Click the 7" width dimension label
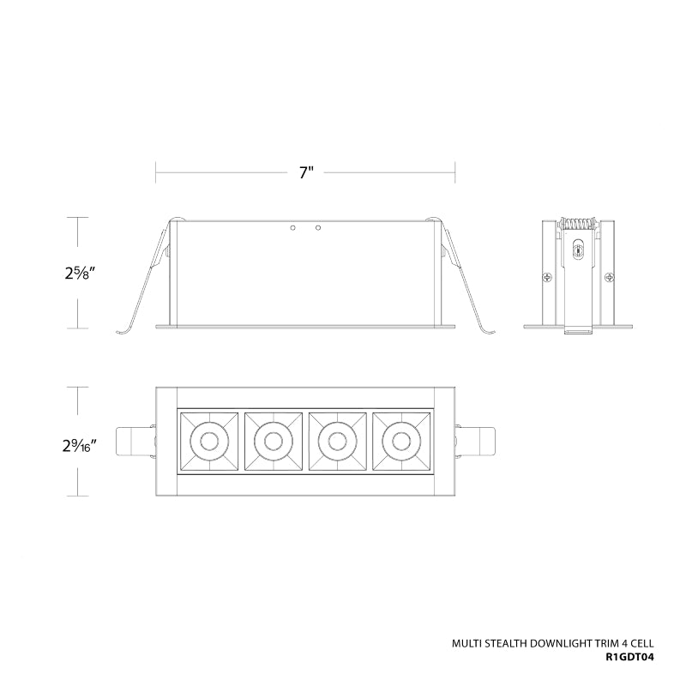tap(307, 173)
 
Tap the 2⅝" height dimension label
tap(80, 274)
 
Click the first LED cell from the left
tap(209, 441)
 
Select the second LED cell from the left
tap(274, 441)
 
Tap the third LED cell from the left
tap(337, 441)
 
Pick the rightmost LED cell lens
tap(401, 441)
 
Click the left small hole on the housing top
tap(293, 228)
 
